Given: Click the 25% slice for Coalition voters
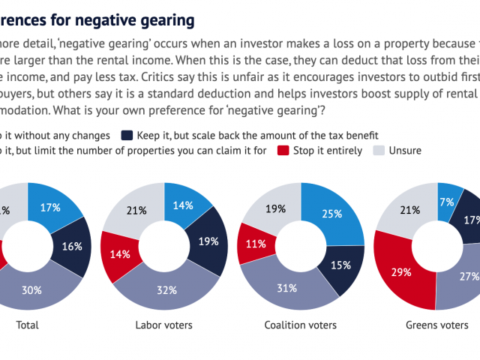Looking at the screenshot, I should [x=332, y=214].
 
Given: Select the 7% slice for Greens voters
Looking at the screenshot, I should [x=448, y=202].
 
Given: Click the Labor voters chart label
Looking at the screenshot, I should [x=164, y=325].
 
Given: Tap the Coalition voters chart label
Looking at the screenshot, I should [x=301, y=325].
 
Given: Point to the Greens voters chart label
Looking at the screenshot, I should [x=438, y=325].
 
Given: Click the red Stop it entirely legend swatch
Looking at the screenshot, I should [x=284, y=150].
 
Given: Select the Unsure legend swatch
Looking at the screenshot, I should [x=379, y=150].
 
